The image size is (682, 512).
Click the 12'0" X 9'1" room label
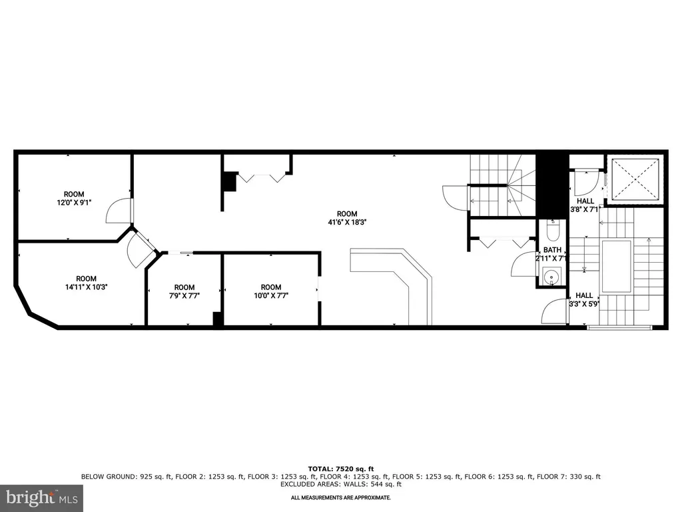[x=74, y=198]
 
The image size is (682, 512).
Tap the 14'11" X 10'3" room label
[x=86, y=283]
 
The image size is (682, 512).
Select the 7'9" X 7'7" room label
[x=184, y=291]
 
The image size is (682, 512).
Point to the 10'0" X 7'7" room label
[x=271, y=291]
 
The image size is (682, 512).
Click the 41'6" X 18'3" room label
[x=347, y=218]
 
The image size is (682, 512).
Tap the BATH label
[x=552, y=250]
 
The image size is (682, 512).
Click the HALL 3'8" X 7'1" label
[x=585, y=205]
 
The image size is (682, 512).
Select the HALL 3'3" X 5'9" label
[x=584, y=299]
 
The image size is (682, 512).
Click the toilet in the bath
[x=553, y=231]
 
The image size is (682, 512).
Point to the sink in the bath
[x=552, y=276]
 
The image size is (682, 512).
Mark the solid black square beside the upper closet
[x=229, y=181]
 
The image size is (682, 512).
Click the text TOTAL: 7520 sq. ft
[x=341, y=469]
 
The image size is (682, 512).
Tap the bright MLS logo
[x=42, y=497]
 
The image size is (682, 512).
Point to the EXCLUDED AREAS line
[x=341, y=484]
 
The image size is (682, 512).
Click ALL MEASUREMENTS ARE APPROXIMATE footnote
[x=341, y=497]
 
